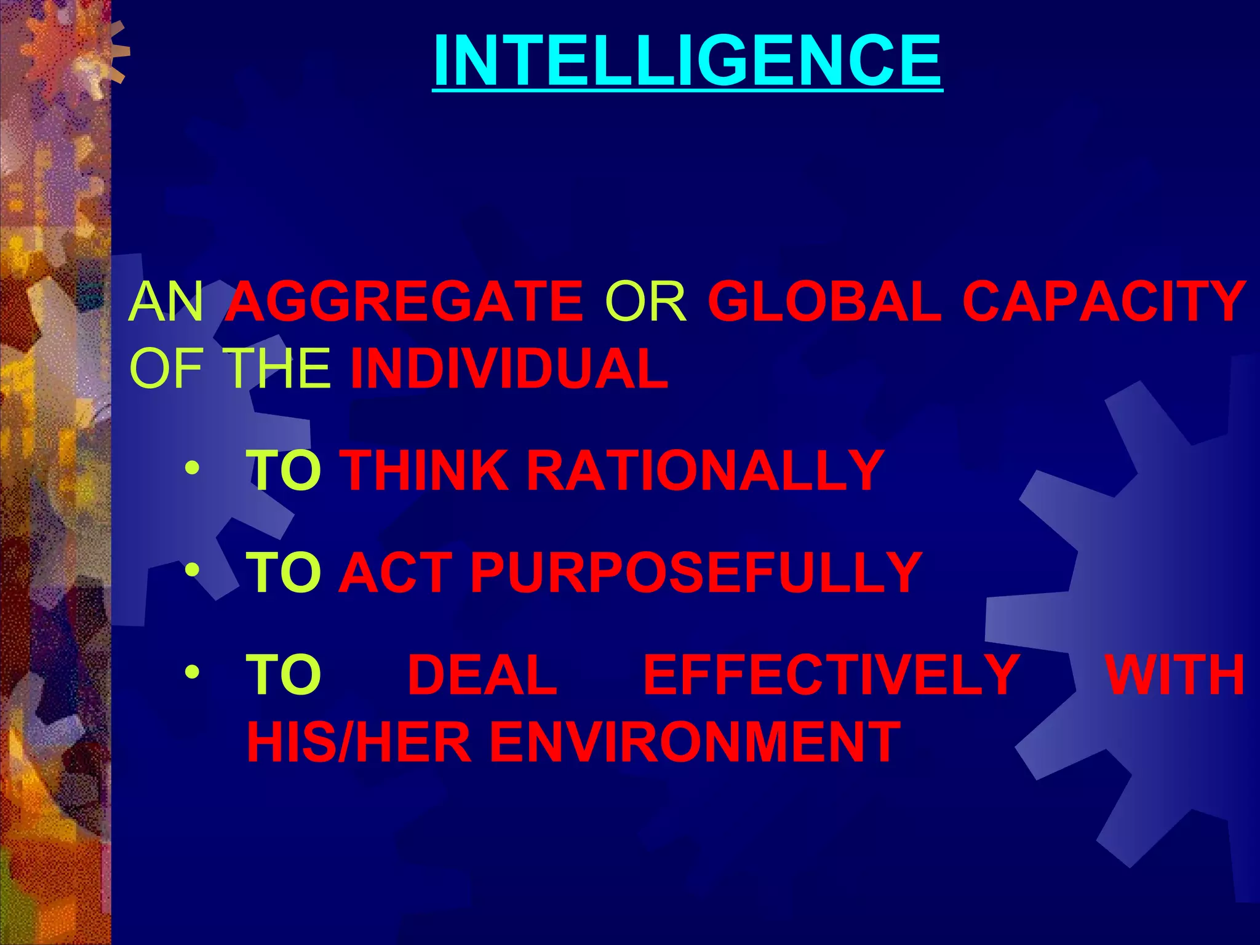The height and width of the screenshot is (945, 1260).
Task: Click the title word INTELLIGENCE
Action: pos(687,60)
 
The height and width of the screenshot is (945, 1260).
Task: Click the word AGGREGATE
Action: pos(404,301)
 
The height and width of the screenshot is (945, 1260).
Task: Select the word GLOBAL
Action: pos(824,301)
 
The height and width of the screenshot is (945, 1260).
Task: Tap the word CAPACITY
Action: pos(1104,301)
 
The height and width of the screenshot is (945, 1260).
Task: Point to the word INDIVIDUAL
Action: pos(509,369)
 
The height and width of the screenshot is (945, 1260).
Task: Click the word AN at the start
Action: pos(166,301)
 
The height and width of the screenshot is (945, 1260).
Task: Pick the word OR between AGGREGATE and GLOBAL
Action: pos(645,301)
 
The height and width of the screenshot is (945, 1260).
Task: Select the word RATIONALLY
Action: pos(705,470)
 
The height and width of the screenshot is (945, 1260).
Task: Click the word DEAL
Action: pos(482,674)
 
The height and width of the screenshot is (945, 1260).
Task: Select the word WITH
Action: pos(1175,674)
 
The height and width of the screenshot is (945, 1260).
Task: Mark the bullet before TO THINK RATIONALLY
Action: pos(192,469)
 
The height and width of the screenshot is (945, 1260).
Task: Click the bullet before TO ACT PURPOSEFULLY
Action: pos(192,571)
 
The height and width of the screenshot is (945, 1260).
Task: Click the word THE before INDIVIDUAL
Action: pos(276,369)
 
